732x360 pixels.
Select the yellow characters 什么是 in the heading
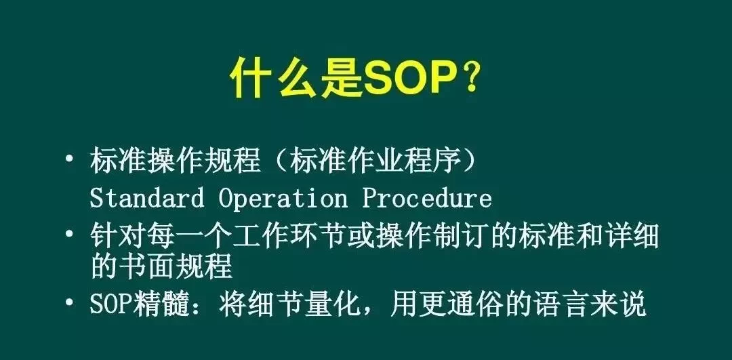pos(296,79)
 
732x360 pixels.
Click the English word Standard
pos(146,197)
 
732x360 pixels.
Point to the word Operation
pos(283,199)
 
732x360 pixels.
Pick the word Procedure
pos(427,197)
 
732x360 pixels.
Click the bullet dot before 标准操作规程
pos(70,158)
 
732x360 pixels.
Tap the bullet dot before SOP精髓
pos(70,302)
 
